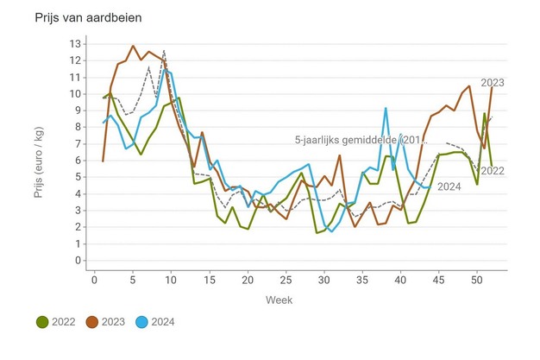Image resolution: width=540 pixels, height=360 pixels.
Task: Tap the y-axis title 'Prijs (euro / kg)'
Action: coord(39,152)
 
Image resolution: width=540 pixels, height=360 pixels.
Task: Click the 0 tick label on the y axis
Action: coord(78,260)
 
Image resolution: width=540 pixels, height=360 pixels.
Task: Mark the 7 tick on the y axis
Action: coord(78,143)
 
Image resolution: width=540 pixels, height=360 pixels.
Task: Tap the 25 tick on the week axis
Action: coord(286,279)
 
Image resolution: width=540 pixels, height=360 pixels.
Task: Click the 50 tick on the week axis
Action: coord(477,279)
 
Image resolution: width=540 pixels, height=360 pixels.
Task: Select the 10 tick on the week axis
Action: coord(171,279)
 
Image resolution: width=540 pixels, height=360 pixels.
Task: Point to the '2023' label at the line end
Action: coord(511,83)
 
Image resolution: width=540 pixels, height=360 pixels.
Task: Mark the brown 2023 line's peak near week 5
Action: coord(133,46)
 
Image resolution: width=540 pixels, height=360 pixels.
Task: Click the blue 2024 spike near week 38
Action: coord(386,108)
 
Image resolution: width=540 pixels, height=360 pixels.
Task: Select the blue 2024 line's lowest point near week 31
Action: coord(332,231)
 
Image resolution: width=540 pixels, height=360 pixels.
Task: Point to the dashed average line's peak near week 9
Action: coord(164,51)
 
